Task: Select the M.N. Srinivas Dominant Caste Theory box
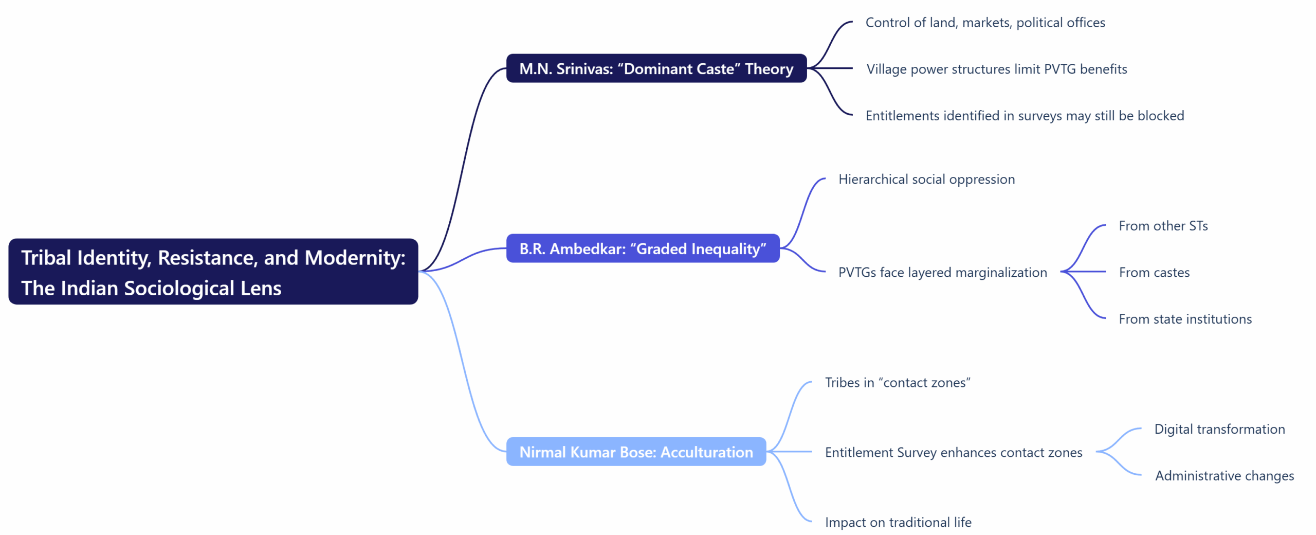tap(656, 68)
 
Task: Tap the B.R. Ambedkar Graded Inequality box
tap(643, 248)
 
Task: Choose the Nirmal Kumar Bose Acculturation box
tap(636, 452)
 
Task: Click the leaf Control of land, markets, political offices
tap(985, 23)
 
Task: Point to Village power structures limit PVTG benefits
tap(996, 69)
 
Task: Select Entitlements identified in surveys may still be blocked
tap(1025, 116)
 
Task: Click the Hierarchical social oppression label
tap(926, 179)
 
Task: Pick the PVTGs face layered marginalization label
tap(942, 272)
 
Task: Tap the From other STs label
tap(1163, 226)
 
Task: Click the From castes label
tap(1154, 272)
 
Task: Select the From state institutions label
tap(1185, 319)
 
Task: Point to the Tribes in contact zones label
tap(898, 383)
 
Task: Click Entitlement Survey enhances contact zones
tap(954, 452)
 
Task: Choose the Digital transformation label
tap(1219, 429)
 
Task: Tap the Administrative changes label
tap(1224, 476)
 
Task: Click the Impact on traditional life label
tap(898, 522)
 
